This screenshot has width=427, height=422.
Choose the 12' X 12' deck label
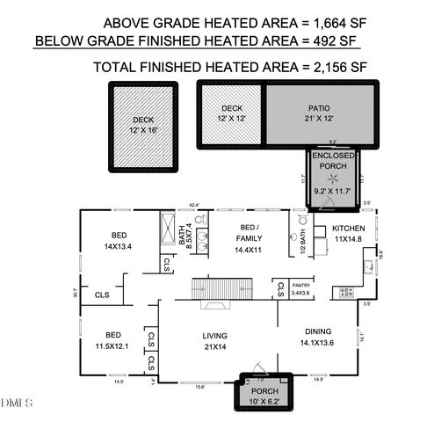(231, 113)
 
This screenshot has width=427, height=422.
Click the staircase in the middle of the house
(223, 288)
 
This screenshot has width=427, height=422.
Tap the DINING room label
(317, 337)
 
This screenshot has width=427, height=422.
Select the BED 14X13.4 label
(118, 241)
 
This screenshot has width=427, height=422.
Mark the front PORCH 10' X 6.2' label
(264, 397)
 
